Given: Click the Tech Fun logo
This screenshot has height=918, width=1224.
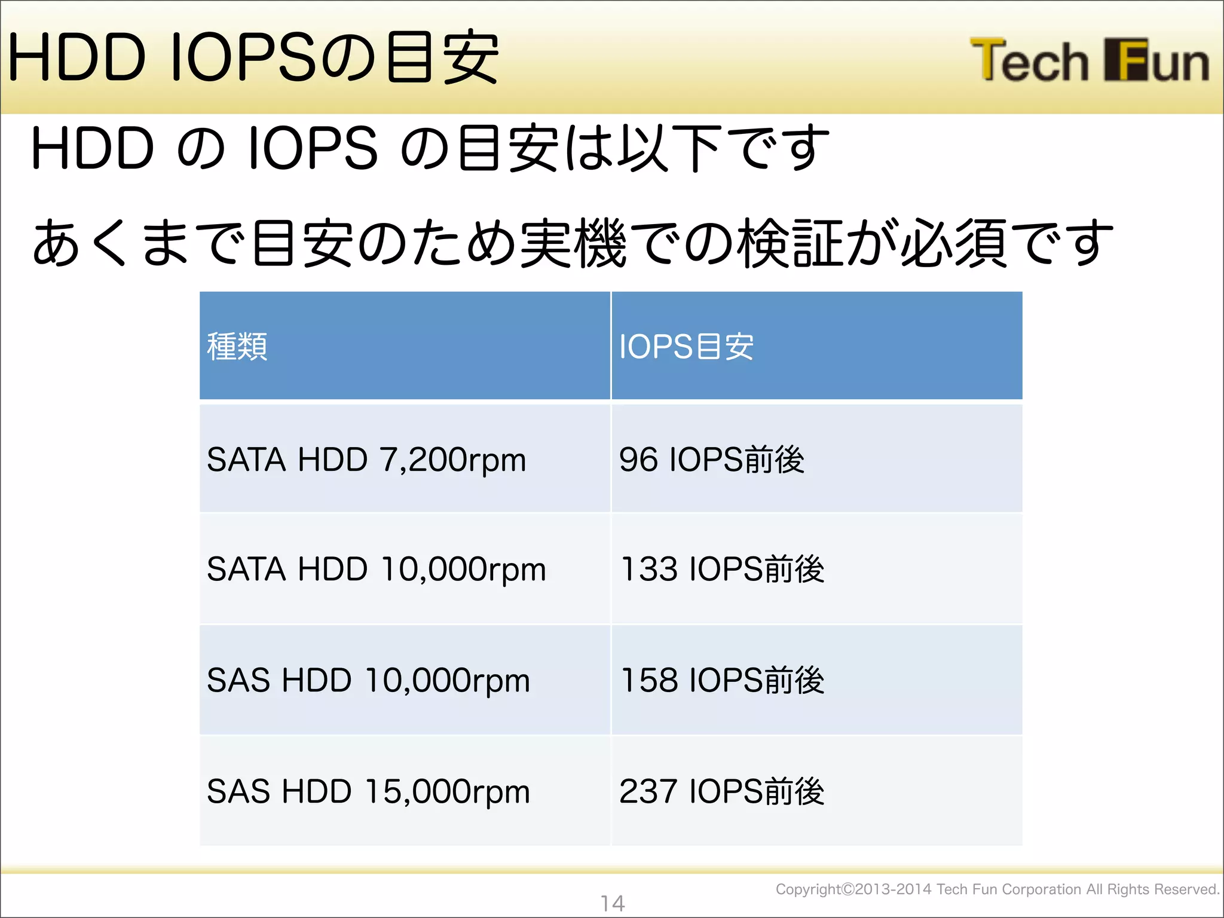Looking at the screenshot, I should click(1089, 60).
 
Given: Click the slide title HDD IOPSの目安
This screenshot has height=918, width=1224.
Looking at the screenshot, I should click(253, 58).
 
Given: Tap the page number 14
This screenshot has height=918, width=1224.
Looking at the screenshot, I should click(613, 903).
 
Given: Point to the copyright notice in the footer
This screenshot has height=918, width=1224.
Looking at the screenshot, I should click(997, 889).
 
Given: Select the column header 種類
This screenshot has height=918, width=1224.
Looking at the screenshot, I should click(237, 347).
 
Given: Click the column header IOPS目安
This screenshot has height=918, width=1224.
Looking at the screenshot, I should click(686, 347).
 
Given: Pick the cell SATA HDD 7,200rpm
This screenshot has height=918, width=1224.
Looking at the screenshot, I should click(366, 460).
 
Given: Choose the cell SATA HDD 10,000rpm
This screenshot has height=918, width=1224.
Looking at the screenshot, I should click(377, 569).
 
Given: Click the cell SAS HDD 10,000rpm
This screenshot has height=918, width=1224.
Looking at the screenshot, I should click(368, 680).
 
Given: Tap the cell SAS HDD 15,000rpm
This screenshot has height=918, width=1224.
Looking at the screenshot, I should click(368, 791).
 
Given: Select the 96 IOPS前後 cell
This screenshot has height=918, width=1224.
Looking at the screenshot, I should click(712, 460).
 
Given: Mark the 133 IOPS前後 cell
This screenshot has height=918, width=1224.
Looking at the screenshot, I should click(722, 569).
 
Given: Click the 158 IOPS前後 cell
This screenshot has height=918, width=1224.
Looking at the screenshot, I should click(722, 680).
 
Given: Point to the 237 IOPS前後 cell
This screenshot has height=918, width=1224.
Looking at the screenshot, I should click(722, 791).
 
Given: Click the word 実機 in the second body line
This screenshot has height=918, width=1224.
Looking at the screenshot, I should click(573, 243).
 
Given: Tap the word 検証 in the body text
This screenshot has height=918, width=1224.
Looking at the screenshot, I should click(790, 243).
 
